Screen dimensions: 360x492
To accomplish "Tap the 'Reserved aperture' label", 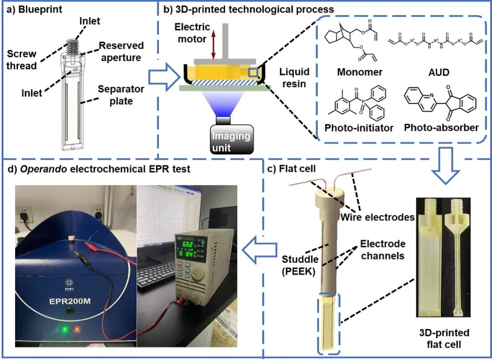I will (121, 51).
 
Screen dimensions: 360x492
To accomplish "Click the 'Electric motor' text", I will (192, 33).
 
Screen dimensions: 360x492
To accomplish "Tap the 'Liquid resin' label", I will (294, 77).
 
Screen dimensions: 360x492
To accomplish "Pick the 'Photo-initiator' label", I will (359, 128).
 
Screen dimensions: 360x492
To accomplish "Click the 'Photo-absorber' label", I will (441, 128).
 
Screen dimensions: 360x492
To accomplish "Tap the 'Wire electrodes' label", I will (378, 217).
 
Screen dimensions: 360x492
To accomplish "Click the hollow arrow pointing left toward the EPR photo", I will (259, 250).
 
